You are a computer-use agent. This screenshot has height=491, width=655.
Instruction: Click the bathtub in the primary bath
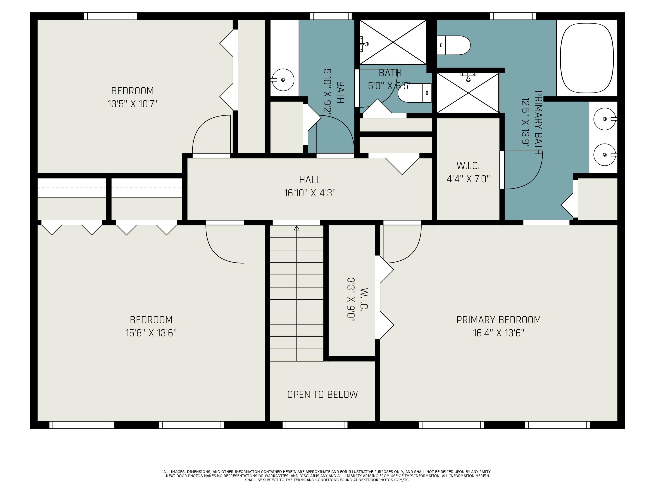click(x=587, y=58)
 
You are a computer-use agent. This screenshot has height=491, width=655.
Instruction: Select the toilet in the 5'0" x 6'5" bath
click(x=415, y=93)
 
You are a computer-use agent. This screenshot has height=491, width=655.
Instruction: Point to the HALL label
click(x=310, y=180)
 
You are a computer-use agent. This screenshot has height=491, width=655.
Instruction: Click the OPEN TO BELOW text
click(x=322, y=395)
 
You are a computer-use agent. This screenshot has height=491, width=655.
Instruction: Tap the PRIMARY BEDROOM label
click(x=499, y=320)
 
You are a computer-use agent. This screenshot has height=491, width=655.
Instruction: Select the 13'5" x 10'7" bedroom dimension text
click(x=132, y=104)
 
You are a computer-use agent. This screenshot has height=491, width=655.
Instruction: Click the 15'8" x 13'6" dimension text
click(x=151, y=333)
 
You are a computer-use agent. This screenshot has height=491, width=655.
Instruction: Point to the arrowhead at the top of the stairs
click(x=297, y=228)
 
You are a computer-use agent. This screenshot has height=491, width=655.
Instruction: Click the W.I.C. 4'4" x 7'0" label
click(x=468, y=172)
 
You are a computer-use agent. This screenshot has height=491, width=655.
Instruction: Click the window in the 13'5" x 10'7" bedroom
click(x=111, y=16)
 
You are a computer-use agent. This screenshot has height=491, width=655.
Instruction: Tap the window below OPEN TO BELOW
click(x=315, y=425)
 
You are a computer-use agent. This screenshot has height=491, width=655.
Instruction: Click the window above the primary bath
click(x=513, y=16)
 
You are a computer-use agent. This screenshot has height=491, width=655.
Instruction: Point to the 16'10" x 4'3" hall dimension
click(x=310, y=193)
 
